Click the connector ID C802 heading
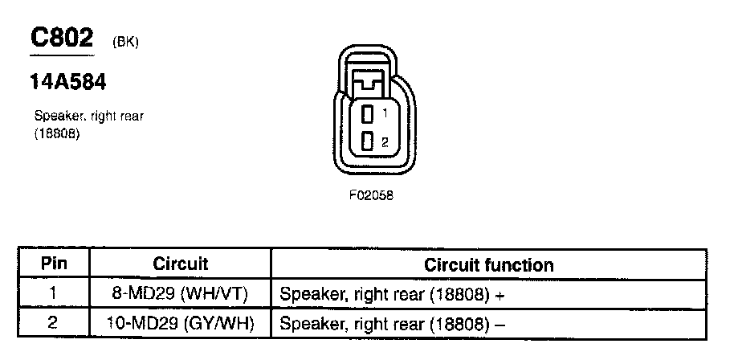(x=62, y=38)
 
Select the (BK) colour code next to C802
(x=124, y=43)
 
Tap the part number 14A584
(x=68, y=83)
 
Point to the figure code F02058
(x=370, y=195)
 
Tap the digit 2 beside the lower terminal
(x=385, y=143)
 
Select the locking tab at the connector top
(x=369, y=81)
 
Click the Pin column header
(x=54, y=264)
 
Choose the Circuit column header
(x=180, y=264)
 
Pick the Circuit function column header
(x=488, y=264)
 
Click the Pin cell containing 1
(x=54, y=294)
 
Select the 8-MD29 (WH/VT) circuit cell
(x=180, y=294)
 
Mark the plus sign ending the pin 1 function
(x=500, y=295)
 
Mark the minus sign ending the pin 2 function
(x=500, y=324)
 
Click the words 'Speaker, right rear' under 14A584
(x=89, y=117)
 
